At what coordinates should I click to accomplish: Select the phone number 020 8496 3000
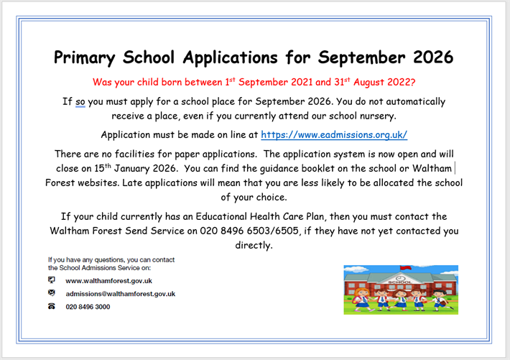pos(88,307)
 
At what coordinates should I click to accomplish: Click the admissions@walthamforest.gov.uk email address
pos(121,294)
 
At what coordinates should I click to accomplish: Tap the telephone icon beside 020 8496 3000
pos(52,306)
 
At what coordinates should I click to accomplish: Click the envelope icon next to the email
pos(52,293)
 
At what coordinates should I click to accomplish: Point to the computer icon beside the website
pos(52,280)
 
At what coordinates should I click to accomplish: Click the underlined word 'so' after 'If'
pos(80,102)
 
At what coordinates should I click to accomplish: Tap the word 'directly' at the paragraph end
pos(254,245)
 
